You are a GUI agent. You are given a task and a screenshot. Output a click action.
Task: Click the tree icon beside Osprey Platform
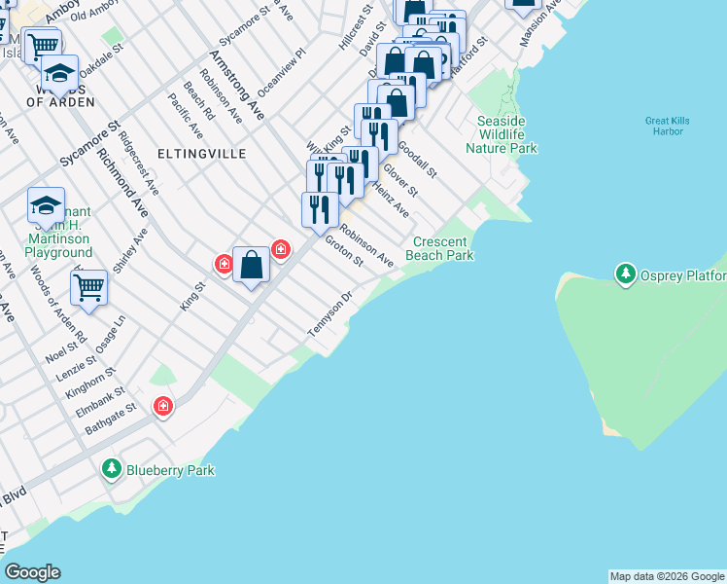click(x=626, y=274)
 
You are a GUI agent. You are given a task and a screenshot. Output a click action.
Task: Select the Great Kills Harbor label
click(x=667, y=127)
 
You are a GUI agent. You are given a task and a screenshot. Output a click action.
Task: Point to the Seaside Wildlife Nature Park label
click(x=502, y=134)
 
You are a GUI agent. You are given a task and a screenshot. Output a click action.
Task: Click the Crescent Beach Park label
click(x=443, y=248)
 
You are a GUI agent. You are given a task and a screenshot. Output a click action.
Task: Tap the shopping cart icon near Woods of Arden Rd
click(x=88, y=287)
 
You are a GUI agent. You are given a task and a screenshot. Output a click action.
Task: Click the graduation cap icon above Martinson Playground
click(x=46, y=205)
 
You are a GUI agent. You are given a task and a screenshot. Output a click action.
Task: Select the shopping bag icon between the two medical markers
click(x=251, y=264)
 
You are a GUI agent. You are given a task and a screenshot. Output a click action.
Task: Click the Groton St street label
click(x=343, y=250)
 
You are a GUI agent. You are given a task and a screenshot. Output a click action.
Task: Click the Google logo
click(x=32, y=572)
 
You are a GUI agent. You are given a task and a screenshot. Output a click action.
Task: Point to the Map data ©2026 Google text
click(x=667, y=576)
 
